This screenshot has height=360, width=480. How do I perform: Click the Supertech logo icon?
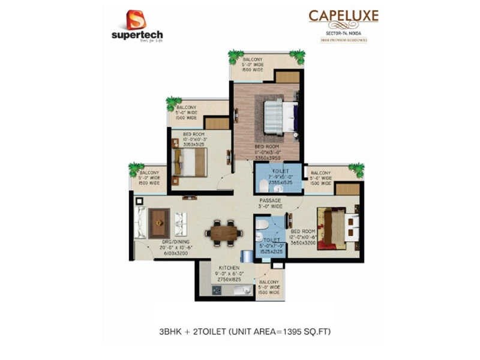(x=136, y=20)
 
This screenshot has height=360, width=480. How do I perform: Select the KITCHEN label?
(x=229, y=268)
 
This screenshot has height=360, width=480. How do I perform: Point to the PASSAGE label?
(x=271, y=201)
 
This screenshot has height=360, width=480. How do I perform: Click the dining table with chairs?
(x=224, y=230)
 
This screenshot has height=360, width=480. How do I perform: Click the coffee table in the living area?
(x=158, y=223)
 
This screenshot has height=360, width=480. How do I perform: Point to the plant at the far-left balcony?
(x=136, y=169)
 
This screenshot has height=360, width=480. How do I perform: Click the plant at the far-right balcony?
(x=356, y=169)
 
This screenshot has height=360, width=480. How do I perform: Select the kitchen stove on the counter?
(x=217, y=290)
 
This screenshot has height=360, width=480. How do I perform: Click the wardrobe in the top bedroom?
(x=287, y=77)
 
